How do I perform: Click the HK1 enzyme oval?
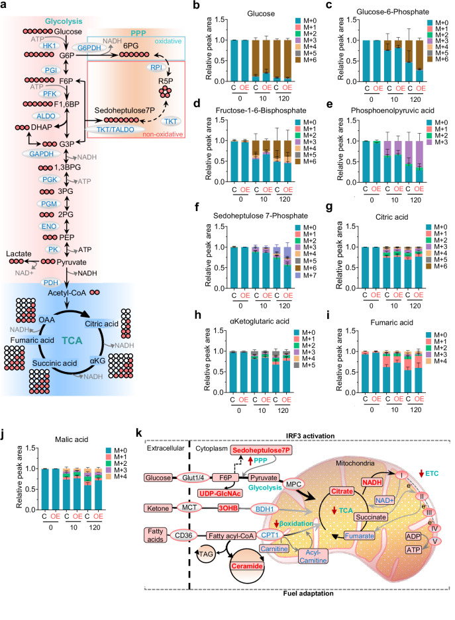tap(49, 46)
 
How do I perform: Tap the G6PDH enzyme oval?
tap(89, 48)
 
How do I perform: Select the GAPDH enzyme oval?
tap(41, 154)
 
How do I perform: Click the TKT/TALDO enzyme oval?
tap(115, 129)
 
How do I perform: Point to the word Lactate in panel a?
tap(19, 253)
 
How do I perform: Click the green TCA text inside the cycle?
tap(72, 341)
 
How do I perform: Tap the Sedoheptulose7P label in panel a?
tap(125, 111)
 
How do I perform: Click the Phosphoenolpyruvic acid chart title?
tap(393, 111)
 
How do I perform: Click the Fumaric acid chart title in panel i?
tap(391, 323)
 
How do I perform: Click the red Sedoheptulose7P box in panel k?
tap(262, 450)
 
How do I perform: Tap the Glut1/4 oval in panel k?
tap(193, 478)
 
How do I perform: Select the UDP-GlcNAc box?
tap(221, 493)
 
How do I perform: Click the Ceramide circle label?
tap(247, 566)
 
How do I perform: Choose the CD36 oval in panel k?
tap(183, 535)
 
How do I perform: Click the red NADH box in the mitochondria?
tap(372, 482)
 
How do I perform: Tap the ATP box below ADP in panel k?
tap(413, 549)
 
